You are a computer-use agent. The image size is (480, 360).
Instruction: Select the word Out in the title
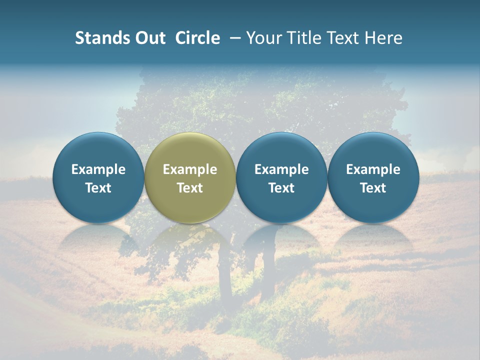(149, 38)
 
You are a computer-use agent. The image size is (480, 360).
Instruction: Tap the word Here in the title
(383, 38)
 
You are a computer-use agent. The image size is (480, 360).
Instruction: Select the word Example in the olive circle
(190, 169)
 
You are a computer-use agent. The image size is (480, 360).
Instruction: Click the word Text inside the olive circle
(190, 188)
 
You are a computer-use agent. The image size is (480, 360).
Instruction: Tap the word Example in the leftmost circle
(98, 169)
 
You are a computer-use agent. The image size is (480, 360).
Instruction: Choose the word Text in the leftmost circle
(98, 188)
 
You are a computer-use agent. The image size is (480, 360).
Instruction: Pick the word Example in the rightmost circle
(373, 169)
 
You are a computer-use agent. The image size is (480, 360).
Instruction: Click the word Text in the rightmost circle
(373, 188)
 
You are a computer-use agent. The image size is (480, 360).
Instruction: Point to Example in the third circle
(281, 169)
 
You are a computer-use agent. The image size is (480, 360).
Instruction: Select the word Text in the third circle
(281, 188)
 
